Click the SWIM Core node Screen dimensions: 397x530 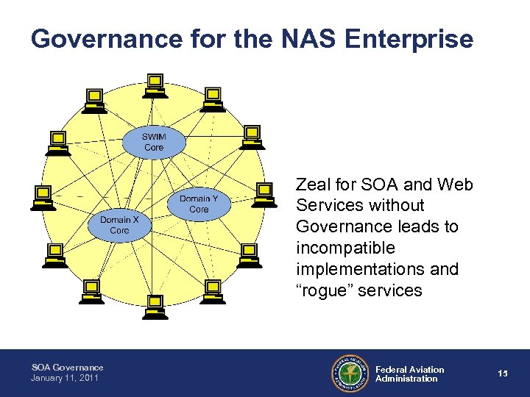(154, 142)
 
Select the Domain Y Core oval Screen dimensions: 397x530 (199, 204)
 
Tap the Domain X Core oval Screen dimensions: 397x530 (119, 225)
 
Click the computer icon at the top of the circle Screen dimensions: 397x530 (155, 85)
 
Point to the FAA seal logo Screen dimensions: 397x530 (350, 373)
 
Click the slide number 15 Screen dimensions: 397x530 (503, 373)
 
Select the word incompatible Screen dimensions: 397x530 (345, 248)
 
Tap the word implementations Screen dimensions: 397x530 (355, 269)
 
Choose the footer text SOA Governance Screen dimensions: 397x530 (67, 368)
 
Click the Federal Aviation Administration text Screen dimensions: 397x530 (409, 373)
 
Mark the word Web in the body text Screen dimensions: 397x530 (456, 185)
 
